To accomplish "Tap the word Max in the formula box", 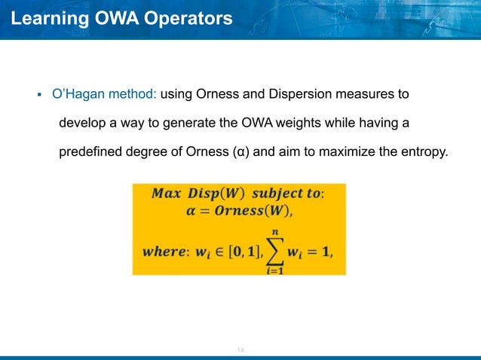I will click(x=167, y=193).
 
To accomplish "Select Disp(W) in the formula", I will click(x=215, y=193).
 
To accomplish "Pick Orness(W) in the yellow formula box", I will click(x=247, y=210).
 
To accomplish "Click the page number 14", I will click(x=241, y=350).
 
